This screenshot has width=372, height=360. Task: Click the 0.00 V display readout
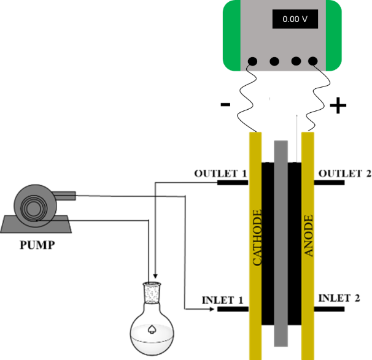point(294,19)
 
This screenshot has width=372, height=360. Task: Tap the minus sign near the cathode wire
point(225,105)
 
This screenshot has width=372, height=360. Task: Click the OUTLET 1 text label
point(220,173)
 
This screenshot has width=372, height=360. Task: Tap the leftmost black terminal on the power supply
point(252,61)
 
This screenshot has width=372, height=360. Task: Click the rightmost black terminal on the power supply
point(314,61)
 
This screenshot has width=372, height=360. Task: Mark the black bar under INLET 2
point(332,308)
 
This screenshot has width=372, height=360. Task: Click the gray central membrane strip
point(280,245)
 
